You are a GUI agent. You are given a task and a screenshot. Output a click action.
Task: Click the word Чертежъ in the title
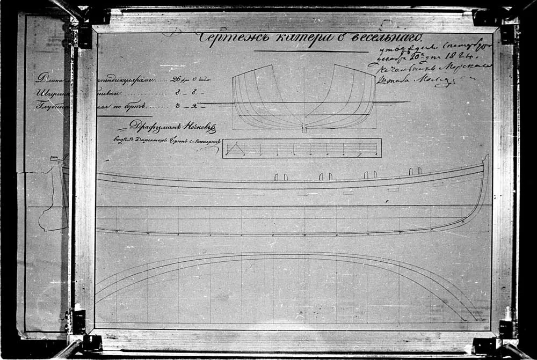coord(224,38)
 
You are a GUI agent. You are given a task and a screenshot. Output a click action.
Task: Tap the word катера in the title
coord(290,38)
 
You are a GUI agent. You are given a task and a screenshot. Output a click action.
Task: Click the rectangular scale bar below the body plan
coord(302,148)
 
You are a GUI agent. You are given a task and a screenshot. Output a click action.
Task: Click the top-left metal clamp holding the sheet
coord(84,34)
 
